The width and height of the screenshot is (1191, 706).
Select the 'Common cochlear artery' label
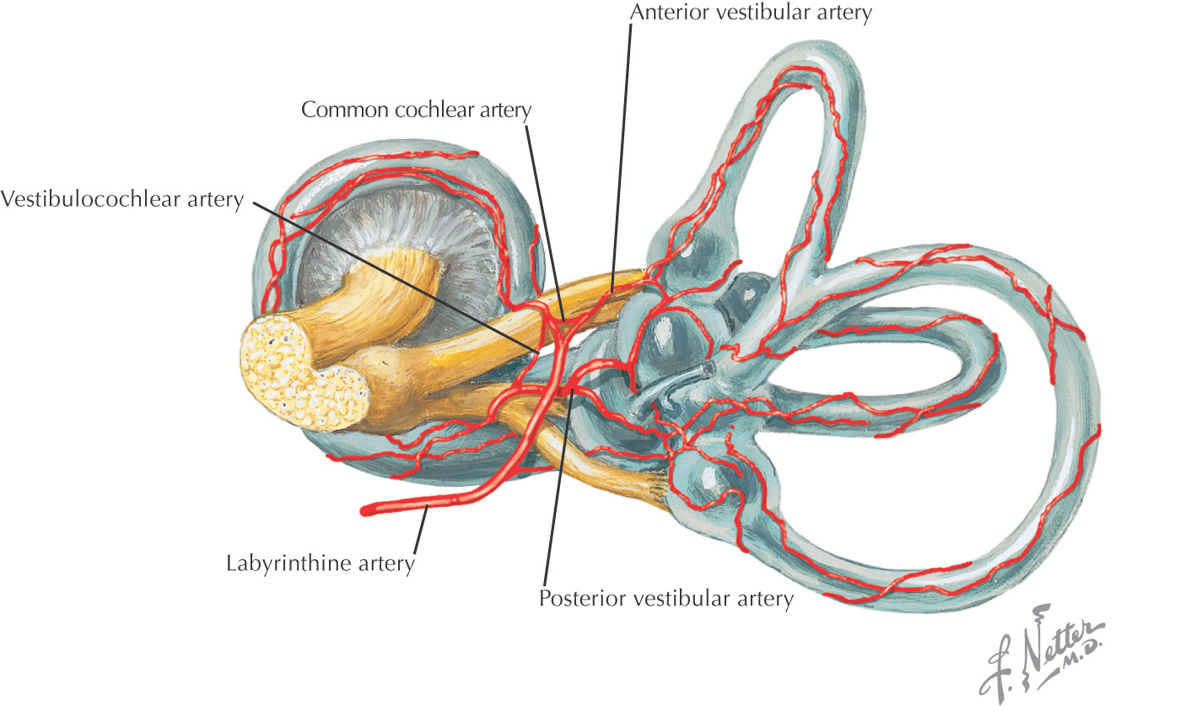point(416,110)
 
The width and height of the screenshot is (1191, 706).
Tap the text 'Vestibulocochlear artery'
point(122,199)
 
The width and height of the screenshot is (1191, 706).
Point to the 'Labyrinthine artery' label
point(321,563)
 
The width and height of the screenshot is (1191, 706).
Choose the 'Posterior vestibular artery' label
point(666,599)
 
